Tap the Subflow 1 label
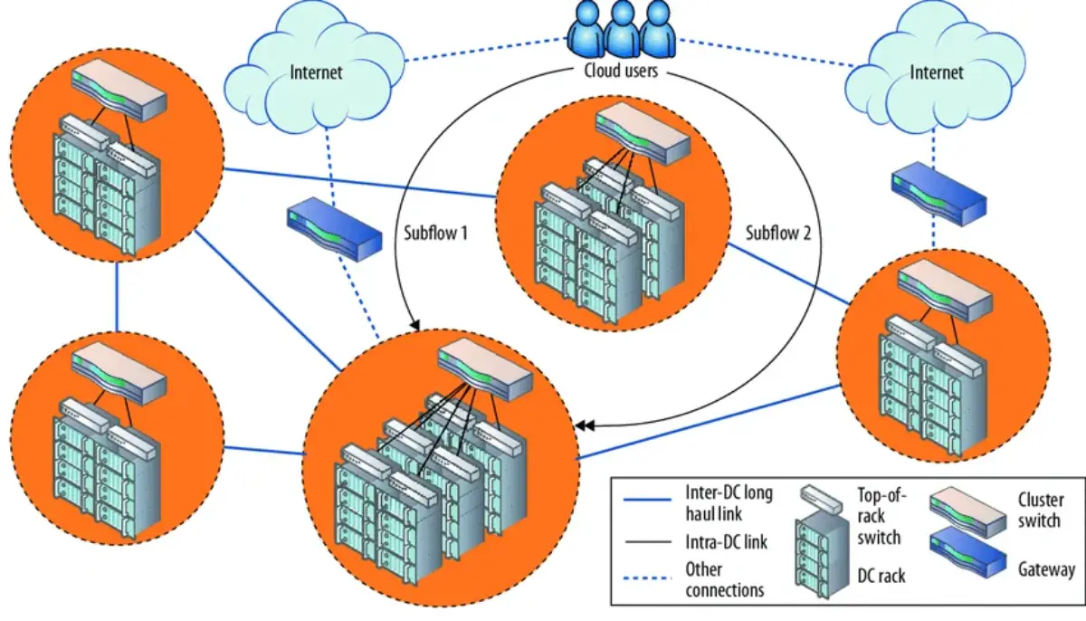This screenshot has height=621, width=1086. (435, 234)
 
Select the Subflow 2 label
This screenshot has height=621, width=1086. (778, 234)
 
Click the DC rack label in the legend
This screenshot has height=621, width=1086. (881, 575)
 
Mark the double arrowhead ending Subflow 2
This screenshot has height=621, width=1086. (587, 425)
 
